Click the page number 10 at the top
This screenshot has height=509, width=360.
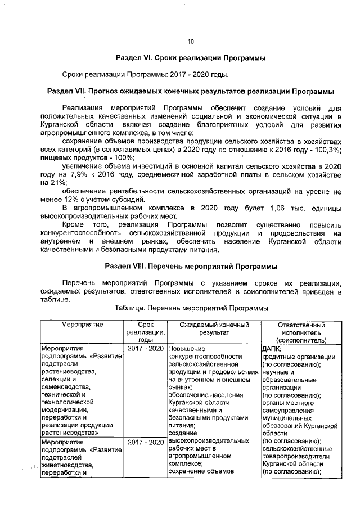pyautogui.click(x=190, y=41)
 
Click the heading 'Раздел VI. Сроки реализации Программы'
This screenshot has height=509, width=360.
pyautogui.click(x=190, y=58)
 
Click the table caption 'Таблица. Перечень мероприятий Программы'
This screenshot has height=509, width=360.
pyautogui.click(x=191, y=308)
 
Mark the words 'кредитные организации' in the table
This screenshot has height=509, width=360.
pyautogui.click(x=299, y=357)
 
